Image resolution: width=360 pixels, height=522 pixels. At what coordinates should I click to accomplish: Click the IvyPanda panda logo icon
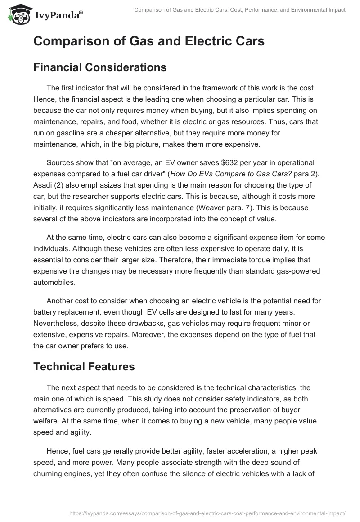pyautogui.click(x=17, y=14)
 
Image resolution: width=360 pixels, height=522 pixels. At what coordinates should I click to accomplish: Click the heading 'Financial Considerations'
pyautogui.click(x=100, y=67)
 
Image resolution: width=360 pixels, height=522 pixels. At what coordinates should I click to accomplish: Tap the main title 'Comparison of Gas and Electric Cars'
pyautogui.click(x=148, y=41)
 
